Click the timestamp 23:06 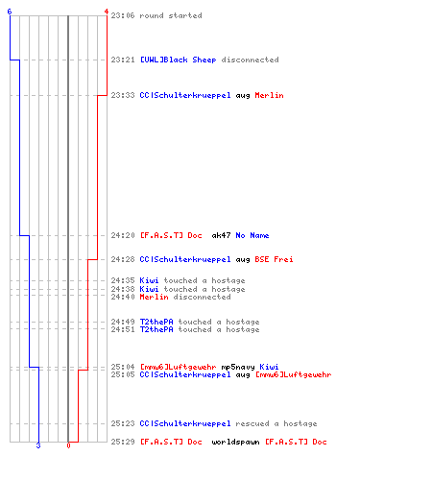coord(123,15)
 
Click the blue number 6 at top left coord(10,12)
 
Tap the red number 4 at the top coord(107,12)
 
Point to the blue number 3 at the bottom coord(38,445)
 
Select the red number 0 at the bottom coord(68,445)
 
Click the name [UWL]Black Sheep coord(178,60)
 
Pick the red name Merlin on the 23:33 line coord(269,95)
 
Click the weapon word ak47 coord(221,235)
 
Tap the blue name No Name coord(252,235)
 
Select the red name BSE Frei coord(274,259)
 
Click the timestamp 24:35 coord(123,280)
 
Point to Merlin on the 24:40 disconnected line coord(154,297)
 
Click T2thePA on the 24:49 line coord(156,322)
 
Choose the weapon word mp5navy coord(238,367)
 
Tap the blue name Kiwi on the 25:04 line coord(269,367)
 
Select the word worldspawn coord(235,442)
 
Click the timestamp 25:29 coord(123,442)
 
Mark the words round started coord(171,15)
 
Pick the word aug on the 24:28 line coord(243,260)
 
